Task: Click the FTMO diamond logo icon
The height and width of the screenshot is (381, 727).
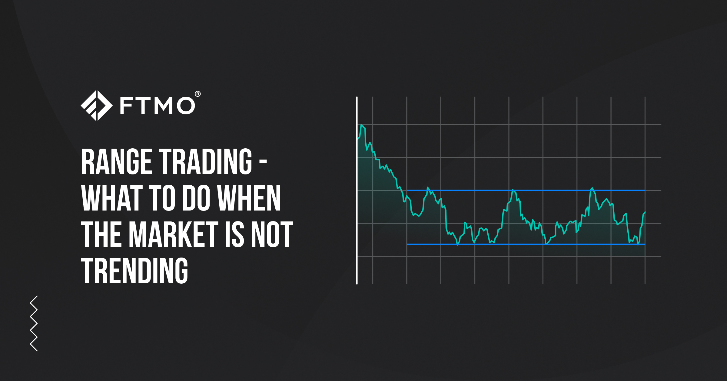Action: click(x=96, y=106)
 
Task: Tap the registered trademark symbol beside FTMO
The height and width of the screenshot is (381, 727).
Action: click(x=198, y=94)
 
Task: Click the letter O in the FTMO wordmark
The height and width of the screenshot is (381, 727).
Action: click(x=186, y=106)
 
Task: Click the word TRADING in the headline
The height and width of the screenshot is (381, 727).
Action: click(x=206, y=162)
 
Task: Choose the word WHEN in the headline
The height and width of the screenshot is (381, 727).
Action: click(x=249, y=198)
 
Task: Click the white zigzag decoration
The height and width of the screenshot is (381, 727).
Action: click(x=34, y=323)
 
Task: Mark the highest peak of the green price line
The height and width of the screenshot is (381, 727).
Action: click(x=362, y=125)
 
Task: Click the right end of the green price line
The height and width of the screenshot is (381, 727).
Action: click(x=645, y=212)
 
